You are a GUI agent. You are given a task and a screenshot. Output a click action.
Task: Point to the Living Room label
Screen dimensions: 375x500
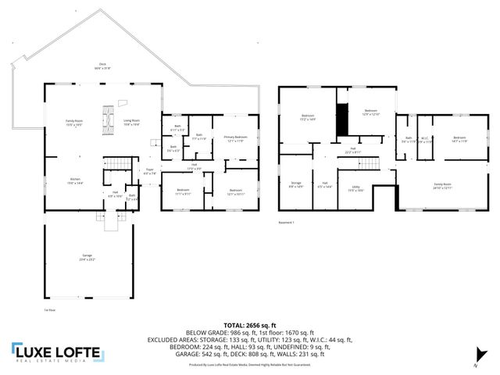tap(131, 122)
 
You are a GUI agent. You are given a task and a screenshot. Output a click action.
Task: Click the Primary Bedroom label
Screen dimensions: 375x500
tap(235, 139)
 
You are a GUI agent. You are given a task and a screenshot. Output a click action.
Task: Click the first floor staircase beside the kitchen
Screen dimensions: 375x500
tap(115, 162)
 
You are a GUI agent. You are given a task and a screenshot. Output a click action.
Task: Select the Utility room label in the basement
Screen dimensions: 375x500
tap(355, 188)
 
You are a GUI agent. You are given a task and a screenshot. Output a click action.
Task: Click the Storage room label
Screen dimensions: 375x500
tap(296, 184)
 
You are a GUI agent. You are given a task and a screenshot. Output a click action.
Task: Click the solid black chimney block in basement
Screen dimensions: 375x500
tap(341, 125)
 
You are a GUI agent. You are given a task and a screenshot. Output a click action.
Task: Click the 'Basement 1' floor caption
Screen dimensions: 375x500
tap(287, 222)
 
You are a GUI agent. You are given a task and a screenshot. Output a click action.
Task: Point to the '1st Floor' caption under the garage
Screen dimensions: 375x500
tap(49, 310)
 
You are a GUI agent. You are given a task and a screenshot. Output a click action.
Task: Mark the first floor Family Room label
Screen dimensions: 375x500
tap(73, 123)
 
